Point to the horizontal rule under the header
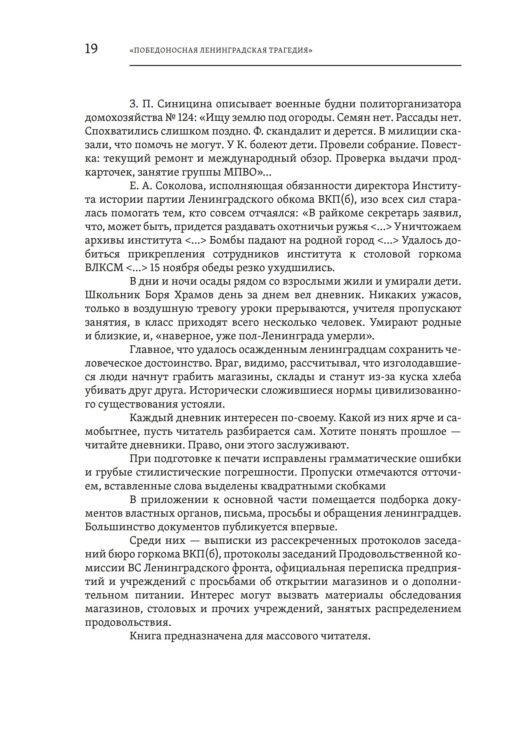point(295,66)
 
